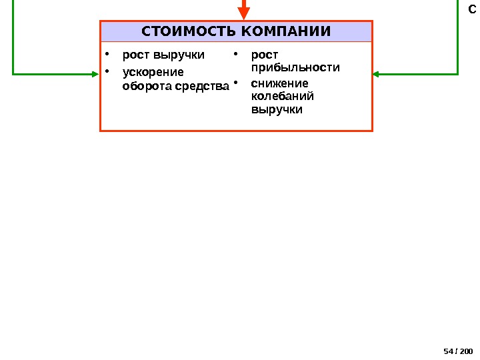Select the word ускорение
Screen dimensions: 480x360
153,71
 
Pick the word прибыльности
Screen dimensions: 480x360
295,67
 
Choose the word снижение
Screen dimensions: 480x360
279,83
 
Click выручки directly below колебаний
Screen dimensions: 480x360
277,109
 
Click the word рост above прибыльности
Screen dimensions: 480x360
265,55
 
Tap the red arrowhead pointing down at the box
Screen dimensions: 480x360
244,13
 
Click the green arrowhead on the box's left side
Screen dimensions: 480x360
94,73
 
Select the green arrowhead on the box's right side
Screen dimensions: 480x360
378,73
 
